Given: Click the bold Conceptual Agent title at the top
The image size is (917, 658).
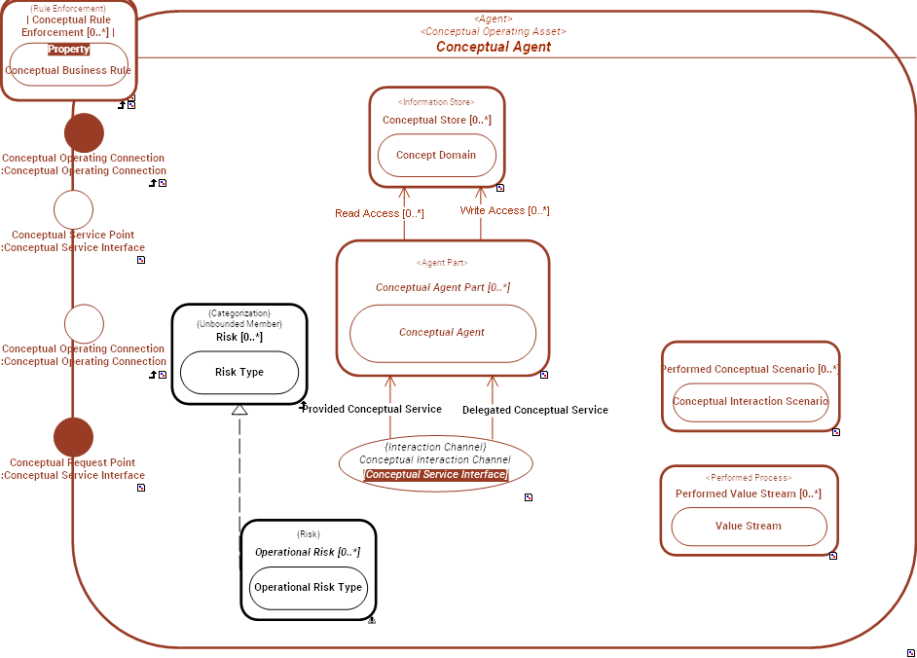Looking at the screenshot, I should (x=493, y=47).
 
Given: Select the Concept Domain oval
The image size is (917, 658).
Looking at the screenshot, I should (x=436, y=156).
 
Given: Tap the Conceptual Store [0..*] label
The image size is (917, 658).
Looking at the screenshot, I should (x=436, y=121).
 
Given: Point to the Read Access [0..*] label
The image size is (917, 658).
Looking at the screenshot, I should (x=379, y=213).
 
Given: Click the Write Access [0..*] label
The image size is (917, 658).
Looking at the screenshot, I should (x=504, y=210).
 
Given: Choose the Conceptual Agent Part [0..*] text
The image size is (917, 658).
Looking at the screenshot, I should (x=442, y=287).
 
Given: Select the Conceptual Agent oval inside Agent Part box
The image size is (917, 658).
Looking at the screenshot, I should (x=442, y=333).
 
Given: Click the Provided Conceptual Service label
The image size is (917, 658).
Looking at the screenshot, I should (x=372, y=409).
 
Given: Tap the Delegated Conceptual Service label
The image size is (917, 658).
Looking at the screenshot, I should (x=534, y=410).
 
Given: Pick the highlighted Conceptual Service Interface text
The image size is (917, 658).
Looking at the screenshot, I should (x=436, y=475).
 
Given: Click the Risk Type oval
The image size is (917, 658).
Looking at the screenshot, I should (x=238, y=372).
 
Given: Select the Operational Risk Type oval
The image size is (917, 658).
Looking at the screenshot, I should (x=308, y=588).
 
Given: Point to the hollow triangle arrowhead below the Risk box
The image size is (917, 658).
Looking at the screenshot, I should (x=239, y=410).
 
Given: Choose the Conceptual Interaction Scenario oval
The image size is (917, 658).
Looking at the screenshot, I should (x=750, y=402).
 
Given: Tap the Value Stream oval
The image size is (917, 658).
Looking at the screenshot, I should (x=748, y=527).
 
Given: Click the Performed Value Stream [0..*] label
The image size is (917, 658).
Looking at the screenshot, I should (x=748, y=493).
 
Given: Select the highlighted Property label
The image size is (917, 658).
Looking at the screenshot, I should (x=69, y=50).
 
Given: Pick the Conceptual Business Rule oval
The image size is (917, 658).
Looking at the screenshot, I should (x=68, y=70).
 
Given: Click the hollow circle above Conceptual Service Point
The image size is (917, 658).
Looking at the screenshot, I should (x=73, y=209).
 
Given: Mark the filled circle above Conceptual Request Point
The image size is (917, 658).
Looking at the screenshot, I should (x=73, y=437).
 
